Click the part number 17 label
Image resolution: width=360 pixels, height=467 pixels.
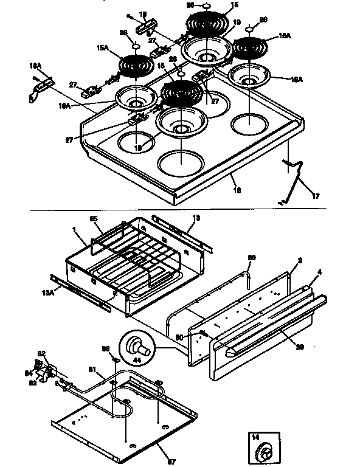[x=315, y=196]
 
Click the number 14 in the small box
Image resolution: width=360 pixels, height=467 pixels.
[x=255, y=437]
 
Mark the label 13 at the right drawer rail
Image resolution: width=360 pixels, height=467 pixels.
[x=196, y=217]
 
